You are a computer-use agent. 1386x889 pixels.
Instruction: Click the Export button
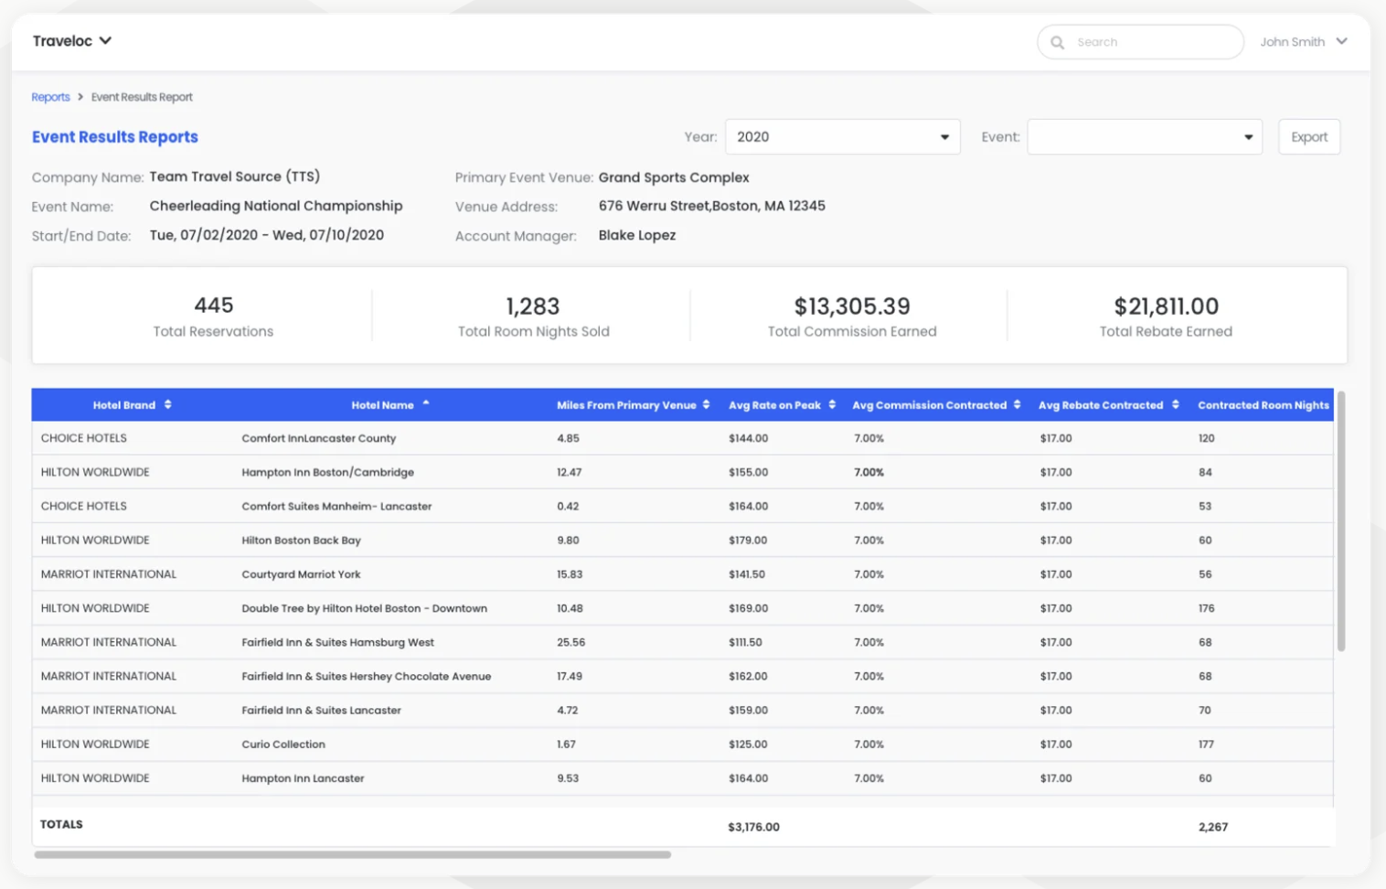coord(1309,137)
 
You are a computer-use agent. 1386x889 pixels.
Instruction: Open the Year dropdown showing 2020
coord(843,137)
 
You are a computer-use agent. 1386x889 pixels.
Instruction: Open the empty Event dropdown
coord(1145,137)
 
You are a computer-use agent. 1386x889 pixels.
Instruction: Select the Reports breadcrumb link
coord(50,97)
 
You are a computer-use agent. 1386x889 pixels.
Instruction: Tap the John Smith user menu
coord(1304,41)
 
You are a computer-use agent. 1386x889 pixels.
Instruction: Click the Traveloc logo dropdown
coord(72,41)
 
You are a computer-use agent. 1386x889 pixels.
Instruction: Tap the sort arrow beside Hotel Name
coord(426,403)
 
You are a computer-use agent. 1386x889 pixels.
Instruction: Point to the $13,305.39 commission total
coord(852,305)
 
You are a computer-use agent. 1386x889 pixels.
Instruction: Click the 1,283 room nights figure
coord(533,305)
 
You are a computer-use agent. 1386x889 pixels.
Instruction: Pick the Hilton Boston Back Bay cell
coord(302,540)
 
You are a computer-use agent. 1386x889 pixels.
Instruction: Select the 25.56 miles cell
coord(570,642)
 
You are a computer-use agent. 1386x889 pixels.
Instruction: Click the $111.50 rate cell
coord(745,642)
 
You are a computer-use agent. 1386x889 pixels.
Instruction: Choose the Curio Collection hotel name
coord(283,744)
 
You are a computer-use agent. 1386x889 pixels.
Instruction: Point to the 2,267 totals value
coord(1212,827)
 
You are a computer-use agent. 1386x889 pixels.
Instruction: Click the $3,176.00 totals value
coord(753,827)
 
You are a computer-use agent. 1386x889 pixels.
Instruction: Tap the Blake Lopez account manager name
coord(636,235)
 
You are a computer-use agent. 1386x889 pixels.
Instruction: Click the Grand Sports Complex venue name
coord(674,177)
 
